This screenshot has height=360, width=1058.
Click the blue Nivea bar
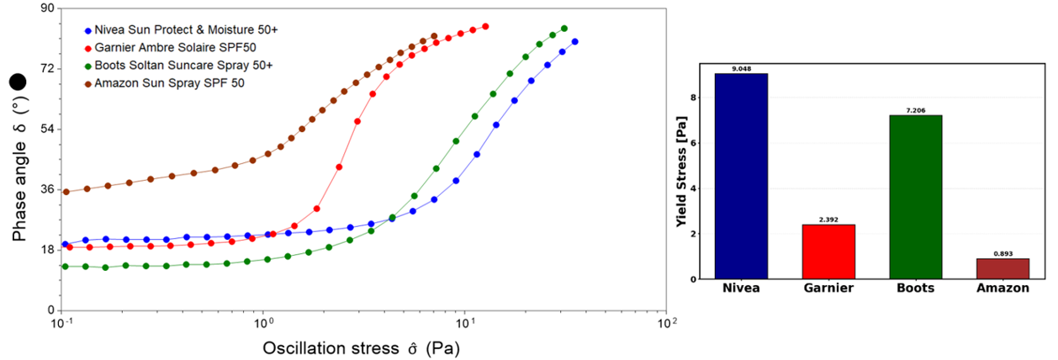pyautogui.click(x=741, y=176)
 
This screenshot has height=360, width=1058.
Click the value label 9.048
pyautogui.click(x=741, y=69)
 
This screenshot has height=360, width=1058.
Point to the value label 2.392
pyautogui.click(x=828, y=220)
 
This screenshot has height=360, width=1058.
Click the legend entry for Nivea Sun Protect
pyautogui.click(x=185, y=29)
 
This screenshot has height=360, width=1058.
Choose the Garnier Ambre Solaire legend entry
pyautogui.click(x=163, y=47)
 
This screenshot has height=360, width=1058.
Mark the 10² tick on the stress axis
pyautogui.click(x=666, y=324)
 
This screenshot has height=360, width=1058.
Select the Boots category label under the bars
pyautogui.click(x=916, y=289)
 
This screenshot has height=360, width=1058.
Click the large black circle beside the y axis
pyautogui.click(x=19, y=82)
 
